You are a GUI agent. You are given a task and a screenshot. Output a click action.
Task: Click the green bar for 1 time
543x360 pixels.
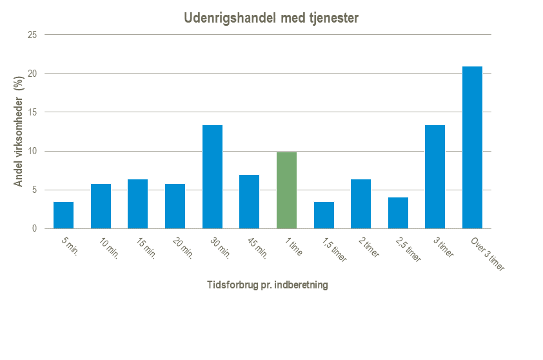286,190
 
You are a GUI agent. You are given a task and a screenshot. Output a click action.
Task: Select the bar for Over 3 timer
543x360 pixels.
472,148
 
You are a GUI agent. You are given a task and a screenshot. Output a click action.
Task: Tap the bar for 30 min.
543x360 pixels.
212,177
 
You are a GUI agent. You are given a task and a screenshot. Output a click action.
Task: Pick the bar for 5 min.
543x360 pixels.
63,215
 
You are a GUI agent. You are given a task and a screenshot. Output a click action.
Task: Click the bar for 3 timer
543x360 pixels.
435,177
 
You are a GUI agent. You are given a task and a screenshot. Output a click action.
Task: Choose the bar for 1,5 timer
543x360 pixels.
324,215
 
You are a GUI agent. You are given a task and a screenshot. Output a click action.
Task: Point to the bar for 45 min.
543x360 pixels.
249,202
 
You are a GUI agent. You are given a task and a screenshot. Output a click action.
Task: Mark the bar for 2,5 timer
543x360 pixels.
398,213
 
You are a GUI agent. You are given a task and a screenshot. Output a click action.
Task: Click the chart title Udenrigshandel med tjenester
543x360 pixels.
271,19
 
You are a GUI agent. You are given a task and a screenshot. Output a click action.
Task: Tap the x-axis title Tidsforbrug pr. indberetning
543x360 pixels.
267,285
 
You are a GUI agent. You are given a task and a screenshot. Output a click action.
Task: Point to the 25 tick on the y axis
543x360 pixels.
31,35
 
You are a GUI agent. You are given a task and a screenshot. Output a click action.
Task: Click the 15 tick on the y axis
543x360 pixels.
31,112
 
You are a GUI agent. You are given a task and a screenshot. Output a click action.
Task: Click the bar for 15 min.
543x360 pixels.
137,204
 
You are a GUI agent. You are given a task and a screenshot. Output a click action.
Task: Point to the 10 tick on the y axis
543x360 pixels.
31,152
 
